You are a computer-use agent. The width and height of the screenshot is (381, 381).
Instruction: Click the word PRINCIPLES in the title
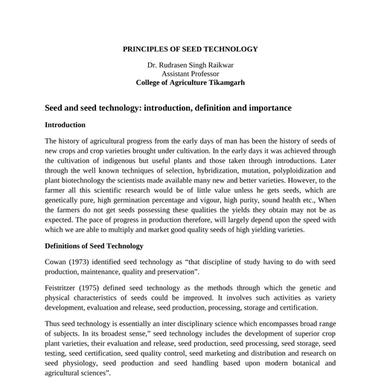148,49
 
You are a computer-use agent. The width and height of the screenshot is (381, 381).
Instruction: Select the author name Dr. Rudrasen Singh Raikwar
190,65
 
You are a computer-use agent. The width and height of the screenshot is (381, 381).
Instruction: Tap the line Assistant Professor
190,74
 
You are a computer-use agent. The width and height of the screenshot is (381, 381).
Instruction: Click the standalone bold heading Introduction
65,124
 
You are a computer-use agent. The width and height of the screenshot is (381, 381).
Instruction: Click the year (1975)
100,287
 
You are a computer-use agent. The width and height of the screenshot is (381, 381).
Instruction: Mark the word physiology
74,363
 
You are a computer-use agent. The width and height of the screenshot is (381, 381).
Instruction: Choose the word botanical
295,363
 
